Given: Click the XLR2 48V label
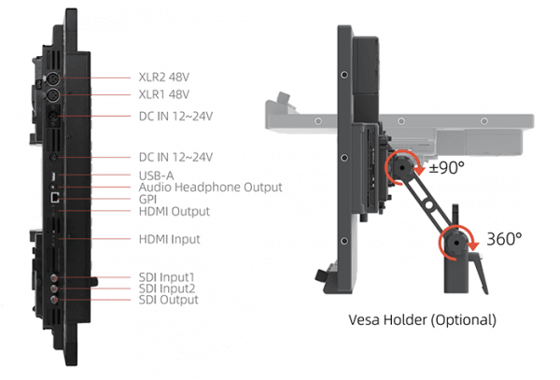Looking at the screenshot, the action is click(x=164, y=77).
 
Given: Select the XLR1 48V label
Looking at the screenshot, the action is click(x=164, y=94).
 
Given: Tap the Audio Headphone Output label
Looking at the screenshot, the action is click(x=210, y=187).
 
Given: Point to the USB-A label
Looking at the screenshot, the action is click(x=156, y=176).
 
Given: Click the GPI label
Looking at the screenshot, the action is click(x=147, y=199).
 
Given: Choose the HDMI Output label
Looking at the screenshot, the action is click(x=174, y=211).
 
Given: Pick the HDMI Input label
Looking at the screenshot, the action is click(x=169, y=239).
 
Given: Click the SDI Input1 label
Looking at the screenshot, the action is click(x=166, y=277).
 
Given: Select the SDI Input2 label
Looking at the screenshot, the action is click(x=167, y=289).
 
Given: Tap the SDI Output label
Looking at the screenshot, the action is click(x=168, y=300).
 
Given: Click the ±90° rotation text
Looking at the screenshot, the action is click(x=446, y=167).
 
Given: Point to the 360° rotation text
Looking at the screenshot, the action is click(x=504, y=239).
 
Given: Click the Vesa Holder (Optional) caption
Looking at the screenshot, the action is click(x=422, y=319).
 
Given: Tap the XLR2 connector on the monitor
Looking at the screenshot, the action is click(x=53, y=77).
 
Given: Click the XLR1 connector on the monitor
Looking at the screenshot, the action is click(x=53, y=94).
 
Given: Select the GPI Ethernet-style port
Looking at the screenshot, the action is click(x=55, y=198).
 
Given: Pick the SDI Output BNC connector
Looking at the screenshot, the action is click(x=54, y=300).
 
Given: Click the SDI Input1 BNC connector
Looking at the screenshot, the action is click(x=54, y=277).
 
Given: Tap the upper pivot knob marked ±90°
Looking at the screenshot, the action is click(x=401, y=167).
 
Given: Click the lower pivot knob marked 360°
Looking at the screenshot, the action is click(x=456, y=242).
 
